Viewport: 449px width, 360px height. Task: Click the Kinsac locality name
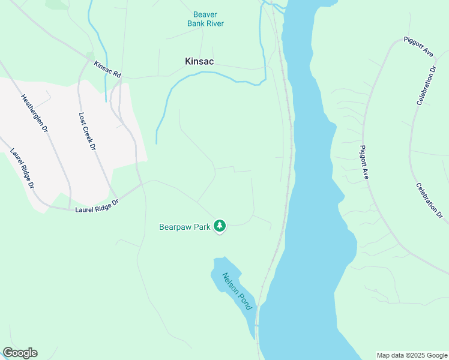click(199, 61)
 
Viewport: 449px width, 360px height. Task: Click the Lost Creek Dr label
click(86, 131)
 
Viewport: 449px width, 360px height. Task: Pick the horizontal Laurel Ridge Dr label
click(97, 205)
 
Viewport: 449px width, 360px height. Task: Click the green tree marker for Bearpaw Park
click(220, 226)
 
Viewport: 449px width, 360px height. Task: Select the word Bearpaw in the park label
click(175, 227)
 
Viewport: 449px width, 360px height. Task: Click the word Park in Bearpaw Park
click(202, 227)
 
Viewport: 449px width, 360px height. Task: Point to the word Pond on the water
click(245, 301)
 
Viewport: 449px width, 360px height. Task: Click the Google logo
click(20, 353)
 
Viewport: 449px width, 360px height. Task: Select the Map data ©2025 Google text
click(411, 355)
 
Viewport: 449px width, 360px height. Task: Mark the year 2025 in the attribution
click(415, 355)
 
